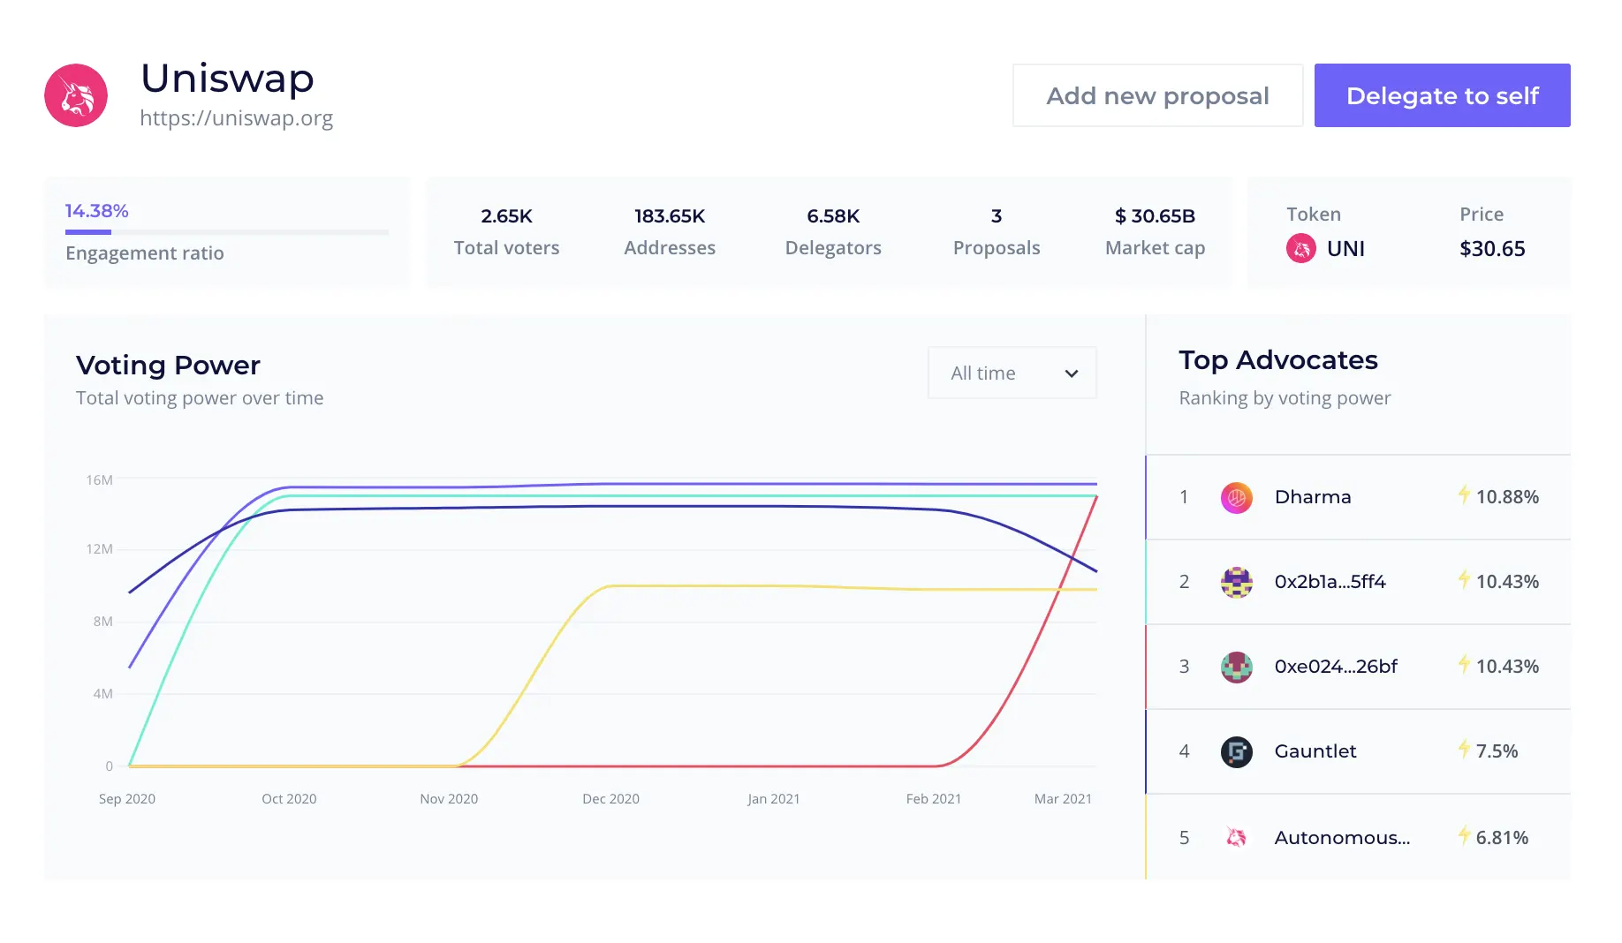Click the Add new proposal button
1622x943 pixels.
(1157, 95)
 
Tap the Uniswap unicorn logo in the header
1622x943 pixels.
(76, 95)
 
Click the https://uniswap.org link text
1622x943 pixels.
(236, 118)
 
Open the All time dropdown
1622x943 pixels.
(1012, 373)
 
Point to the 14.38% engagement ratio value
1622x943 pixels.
(97, 211)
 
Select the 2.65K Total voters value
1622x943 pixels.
(506, 216)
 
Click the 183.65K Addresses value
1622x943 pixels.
(670, 216)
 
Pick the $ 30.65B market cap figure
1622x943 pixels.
(1155, 216)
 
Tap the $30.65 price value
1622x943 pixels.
(1492, 249)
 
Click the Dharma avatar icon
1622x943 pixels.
(1236, 498)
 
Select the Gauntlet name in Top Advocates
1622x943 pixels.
(1315, 751)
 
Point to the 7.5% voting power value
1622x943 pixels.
(1497, 751)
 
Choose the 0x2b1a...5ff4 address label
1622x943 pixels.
(1330, 582)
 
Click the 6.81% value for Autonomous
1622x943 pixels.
(1502, 838)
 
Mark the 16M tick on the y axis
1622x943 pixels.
(99, 480)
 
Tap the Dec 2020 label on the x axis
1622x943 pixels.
(610, 799)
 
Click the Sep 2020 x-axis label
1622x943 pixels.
(127, 799)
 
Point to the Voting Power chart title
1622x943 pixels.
(168, 366)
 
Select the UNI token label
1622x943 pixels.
(1345, 249)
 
